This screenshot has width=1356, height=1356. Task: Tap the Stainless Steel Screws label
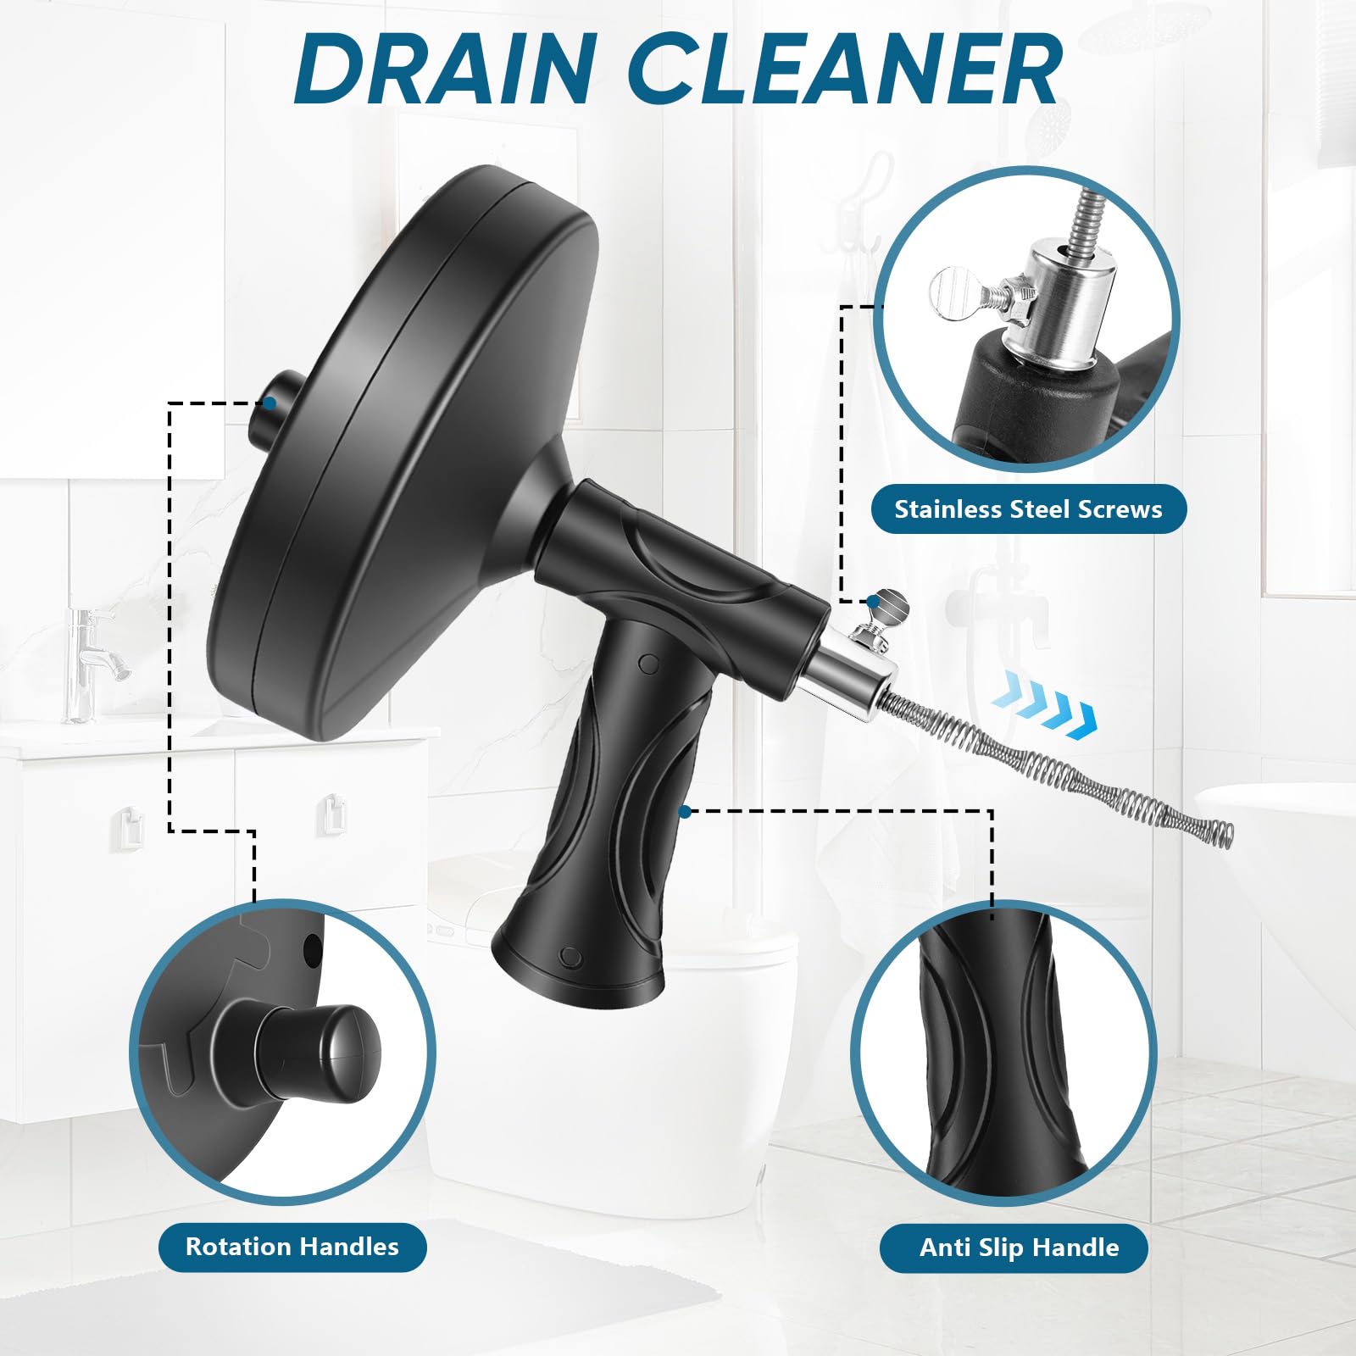coord(1028,509)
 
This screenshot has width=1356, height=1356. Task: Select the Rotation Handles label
coord(292,1247)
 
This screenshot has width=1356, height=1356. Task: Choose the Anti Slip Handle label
coord(1019,1248)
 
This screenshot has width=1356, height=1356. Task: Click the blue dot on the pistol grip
coord(686,812)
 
